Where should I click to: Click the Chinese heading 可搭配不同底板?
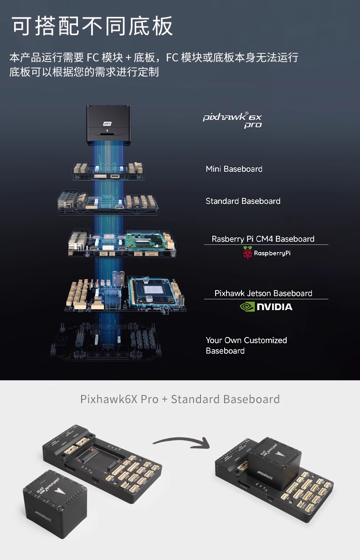[92, 26]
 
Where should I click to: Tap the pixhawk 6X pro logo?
[232, 120]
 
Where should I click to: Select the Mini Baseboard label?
[234, 169]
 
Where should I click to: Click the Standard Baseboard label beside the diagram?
[243, 201]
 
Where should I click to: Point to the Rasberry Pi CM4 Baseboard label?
[263, 239]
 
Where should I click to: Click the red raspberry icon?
[247, 253]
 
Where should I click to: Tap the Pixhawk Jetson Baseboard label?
[263, 293]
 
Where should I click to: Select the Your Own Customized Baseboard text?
[246, 345]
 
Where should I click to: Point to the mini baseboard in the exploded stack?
[108, 171]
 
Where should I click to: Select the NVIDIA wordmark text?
[275, 307]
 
